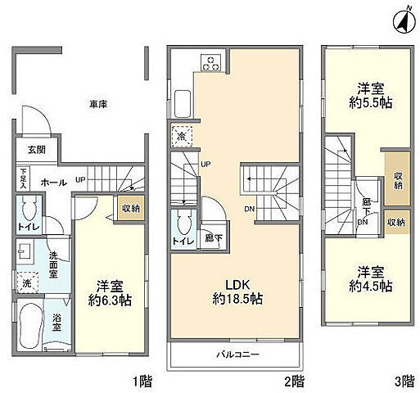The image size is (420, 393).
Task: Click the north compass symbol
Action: coord(402,19)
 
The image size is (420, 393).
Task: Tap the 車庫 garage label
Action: coord(99,104)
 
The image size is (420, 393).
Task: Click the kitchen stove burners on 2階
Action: coord(210,62)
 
